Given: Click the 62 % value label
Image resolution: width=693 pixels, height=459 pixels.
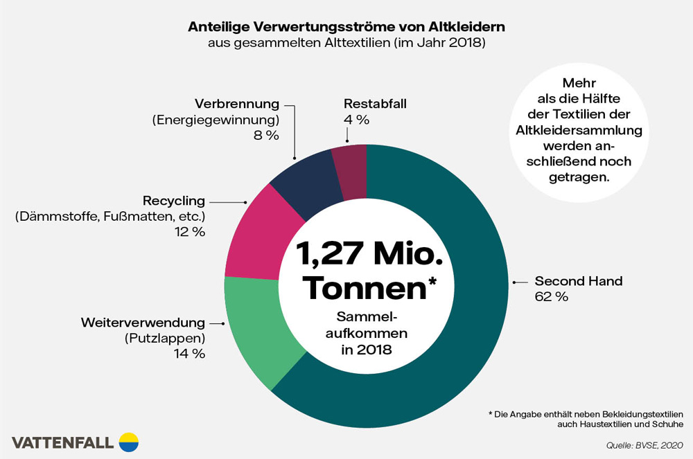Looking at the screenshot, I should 552,298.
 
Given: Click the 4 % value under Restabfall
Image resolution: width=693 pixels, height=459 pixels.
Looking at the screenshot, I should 356,119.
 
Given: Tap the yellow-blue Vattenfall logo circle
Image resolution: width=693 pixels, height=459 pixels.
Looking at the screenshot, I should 129,442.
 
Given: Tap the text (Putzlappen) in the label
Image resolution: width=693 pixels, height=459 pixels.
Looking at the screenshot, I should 165,339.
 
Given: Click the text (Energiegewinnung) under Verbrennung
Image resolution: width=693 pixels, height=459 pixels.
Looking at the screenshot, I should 216,120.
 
